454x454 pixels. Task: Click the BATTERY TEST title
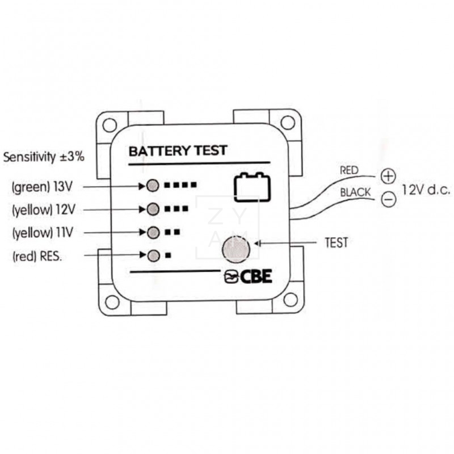(x=178, y=151)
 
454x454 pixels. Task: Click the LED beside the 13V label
(x=152, y=185)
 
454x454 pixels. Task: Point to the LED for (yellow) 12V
(x=152, y=209)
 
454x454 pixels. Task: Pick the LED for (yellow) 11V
(x=152, y=232)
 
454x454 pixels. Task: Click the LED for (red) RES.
(x=152, y=255)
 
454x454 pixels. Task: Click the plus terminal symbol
(x=388, y=176)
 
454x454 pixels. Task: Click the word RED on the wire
(x=348, y=170)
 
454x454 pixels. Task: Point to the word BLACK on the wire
(x=355, y=193)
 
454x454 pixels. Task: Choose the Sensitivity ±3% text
(x=44, y=157)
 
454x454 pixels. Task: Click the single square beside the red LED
(x=168, y=256)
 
